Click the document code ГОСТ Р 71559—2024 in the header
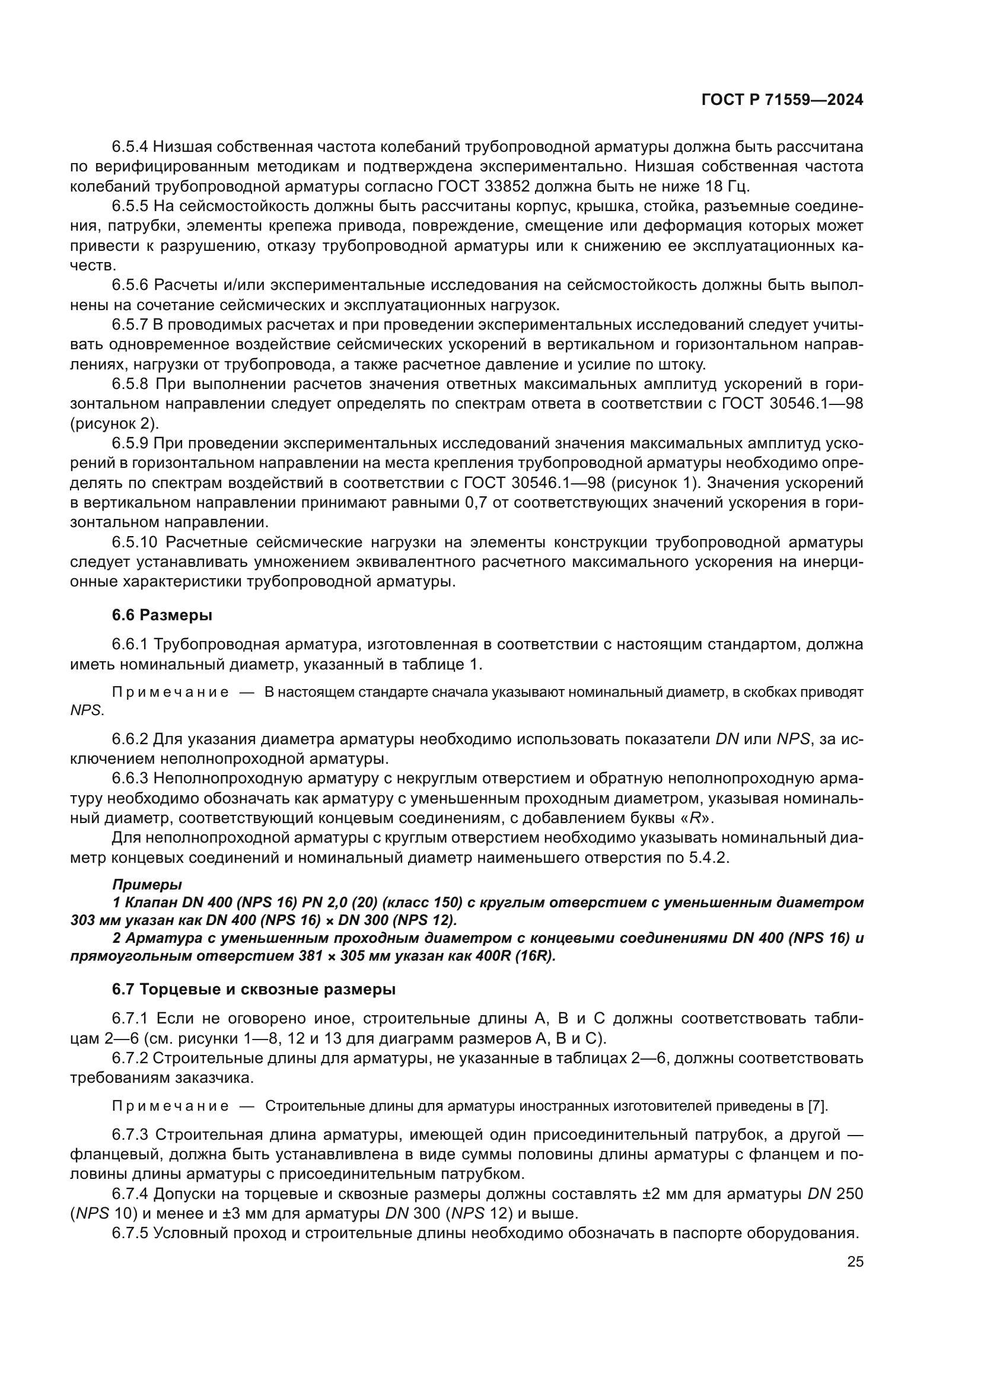782,100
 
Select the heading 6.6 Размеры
162,615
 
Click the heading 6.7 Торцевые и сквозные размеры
254,990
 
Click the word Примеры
146,885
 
